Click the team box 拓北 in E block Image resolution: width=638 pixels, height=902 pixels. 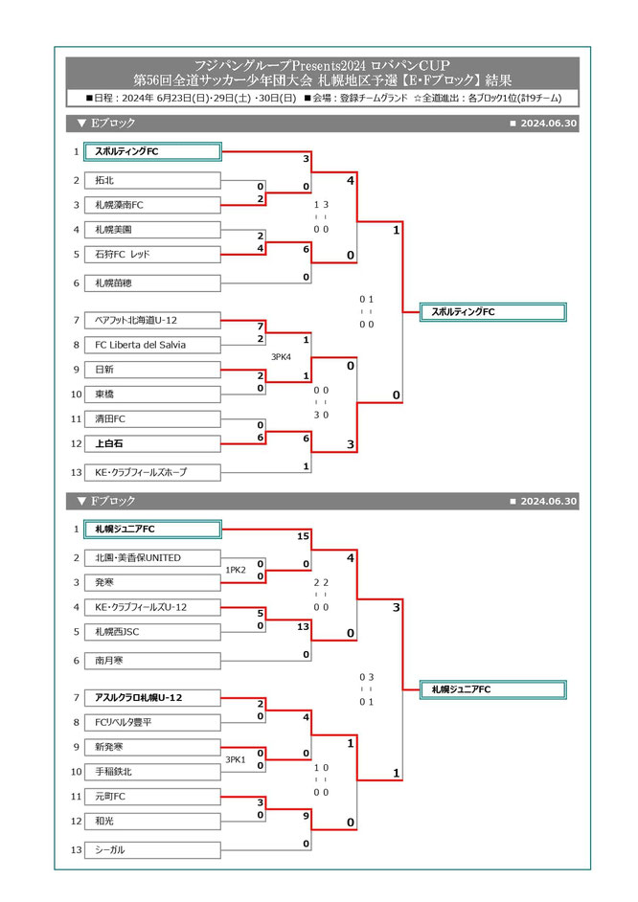pyautogui.click(x=153, y=180)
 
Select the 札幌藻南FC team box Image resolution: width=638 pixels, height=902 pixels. pyautogui.click(x=153, y=205)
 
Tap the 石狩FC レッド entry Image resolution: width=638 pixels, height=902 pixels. pyautogui.click(x=153, y=254)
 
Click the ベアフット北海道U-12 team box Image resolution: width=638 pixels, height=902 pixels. pyautogui.click(x=153, y=320)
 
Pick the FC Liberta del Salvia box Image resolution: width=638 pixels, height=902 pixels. pyautogui.click(x=153, y=345)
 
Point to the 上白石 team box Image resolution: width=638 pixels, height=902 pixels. pyautogui.click(x=153, y=443)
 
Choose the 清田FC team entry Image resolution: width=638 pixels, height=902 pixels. pyautogui.click(x=153, y=418)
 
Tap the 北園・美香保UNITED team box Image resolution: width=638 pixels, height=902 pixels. pyautogui.click(x=153, y=557)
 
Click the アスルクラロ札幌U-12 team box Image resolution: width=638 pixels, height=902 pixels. pyautogui.click(x=153, y=697)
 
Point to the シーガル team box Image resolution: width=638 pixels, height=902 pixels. pyautogui.click(x=153, y=849)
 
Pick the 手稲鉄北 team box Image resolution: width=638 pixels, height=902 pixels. pyautogui.click(x=153, y=771)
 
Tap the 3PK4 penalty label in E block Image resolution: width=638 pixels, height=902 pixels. pyautogui.click(x=282, y=357)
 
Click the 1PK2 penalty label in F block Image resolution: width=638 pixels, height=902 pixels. pyautogui.click(x=236, y=570)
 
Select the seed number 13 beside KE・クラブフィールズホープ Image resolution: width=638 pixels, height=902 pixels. pyautogui.click(x=76, y=472)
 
